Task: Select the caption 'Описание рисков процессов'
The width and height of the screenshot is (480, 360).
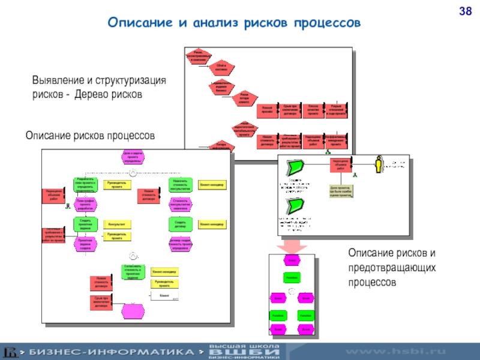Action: (89, 136)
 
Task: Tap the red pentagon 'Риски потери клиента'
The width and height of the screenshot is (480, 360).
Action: (244, 99)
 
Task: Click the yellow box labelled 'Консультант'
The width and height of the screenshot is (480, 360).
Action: (116, 224)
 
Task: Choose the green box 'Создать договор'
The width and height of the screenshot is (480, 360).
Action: (180, 224)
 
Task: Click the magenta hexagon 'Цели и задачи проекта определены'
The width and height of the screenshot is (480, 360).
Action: (131, 157)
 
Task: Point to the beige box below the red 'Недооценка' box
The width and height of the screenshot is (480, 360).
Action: (340, 191)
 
